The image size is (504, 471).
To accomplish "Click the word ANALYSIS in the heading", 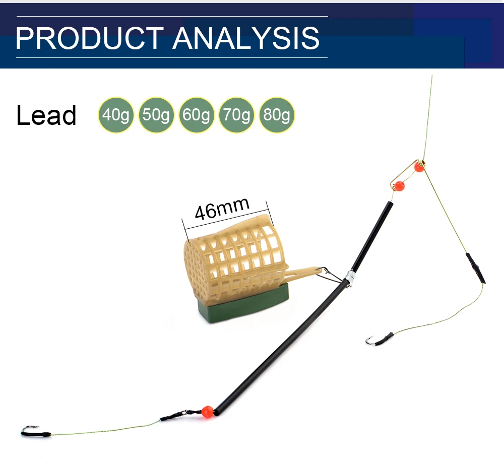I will [246, 38].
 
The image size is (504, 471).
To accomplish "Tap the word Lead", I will [46, 115].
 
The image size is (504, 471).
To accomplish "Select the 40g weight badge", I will [116, 115].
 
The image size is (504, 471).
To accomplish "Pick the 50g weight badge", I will [156, 115].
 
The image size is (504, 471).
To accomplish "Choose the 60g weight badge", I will [197, 115].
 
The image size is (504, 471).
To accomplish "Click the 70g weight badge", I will [237, 115].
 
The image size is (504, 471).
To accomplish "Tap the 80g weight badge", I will [277, 115].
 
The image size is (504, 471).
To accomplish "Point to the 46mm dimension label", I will [222, 209].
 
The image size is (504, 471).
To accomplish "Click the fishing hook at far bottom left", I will [31, 431].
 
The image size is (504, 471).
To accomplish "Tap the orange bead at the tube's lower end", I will [207, 412].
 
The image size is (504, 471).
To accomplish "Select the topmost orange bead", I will [419, 167].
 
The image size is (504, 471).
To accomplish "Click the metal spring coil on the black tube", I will [349, 278].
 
